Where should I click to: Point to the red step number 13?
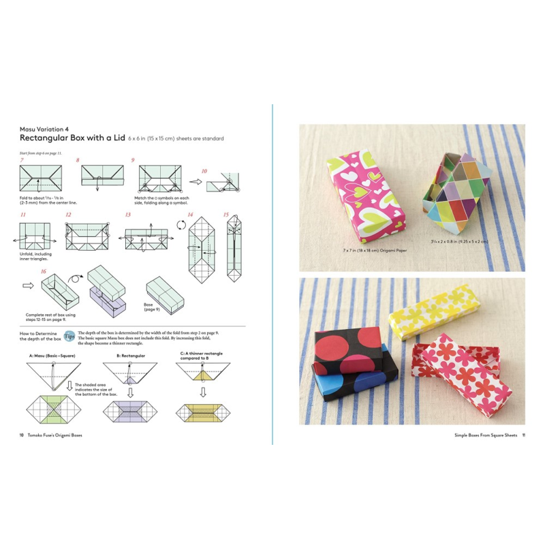tap(127, 215)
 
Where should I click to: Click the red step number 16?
tap(44, 272)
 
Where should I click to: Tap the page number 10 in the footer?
tap(22, 436)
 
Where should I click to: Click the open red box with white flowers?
tap(470, 371)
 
